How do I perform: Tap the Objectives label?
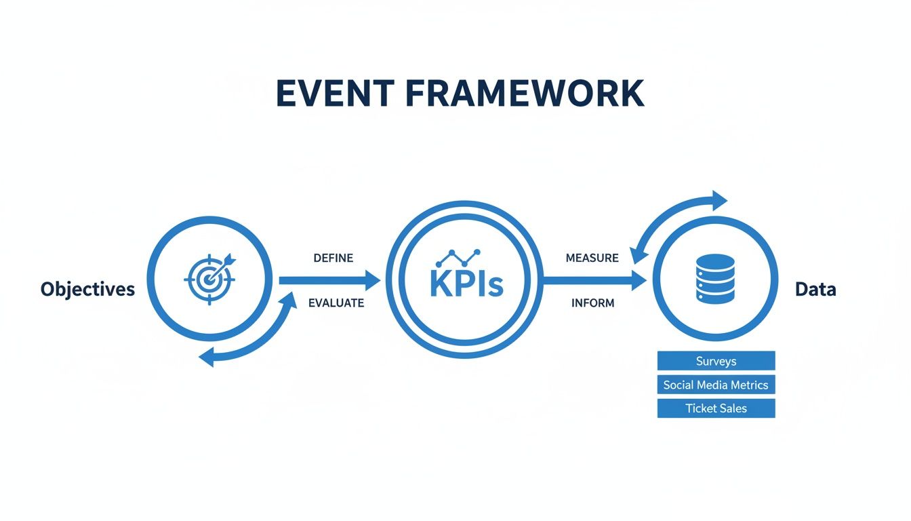87,290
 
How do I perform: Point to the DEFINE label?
333,258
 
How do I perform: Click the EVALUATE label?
336,303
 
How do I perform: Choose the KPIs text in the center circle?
466,285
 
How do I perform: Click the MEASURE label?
592,258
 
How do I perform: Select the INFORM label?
592,303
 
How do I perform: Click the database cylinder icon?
714,278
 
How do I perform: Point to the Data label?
815,290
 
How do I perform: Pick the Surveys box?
716,361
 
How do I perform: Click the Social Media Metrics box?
716,385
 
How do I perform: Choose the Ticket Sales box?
716,408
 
